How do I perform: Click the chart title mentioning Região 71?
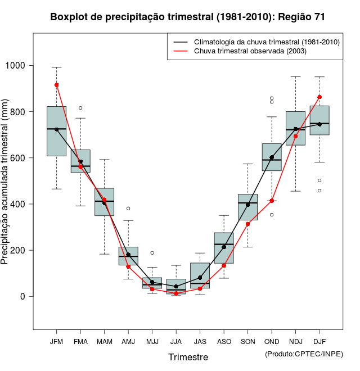click(187, 17)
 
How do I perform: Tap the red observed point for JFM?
click(57, 85)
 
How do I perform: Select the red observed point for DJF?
click(319, 97)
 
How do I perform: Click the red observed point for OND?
click(272, 201)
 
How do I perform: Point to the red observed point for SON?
click(247, 224)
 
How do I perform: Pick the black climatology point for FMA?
click(80, 161)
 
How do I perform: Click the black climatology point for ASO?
click(224, 247)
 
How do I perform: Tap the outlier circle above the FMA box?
click(80, 108)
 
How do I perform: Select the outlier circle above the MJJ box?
click(152, 253)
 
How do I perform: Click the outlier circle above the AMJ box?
click(128, 209)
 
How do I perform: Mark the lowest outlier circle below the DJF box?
click(319, 191)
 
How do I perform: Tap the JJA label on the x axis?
click(176, 342)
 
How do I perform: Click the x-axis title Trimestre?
click(188, 357)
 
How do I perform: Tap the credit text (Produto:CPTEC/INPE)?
click(304, 354)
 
